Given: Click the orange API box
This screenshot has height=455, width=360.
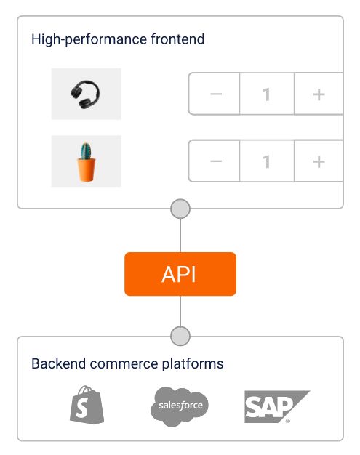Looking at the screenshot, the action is (180, 274).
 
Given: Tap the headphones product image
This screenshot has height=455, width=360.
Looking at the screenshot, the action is (86, 94).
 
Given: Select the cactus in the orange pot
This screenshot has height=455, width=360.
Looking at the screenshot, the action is (86, 161).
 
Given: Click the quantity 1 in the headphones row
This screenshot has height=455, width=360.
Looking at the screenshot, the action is (267, 94).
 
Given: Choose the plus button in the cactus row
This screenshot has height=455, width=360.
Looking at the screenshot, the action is (319, 161).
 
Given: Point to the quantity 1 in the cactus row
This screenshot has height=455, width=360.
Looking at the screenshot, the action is (267, 161).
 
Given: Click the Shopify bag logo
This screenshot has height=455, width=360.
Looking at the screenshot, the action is (87, 405).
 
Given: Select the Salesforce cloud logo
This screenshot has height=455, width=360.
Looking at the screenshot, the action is (180, 406).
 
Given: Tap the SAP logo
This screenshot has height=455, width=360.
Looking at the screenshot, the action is (276, 406).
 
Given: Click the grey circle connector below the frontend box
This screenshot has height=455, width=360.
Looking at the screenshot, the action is (180, 209).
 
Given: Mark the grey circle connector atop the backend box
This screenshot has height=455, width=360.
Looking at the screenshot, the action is (180, 336).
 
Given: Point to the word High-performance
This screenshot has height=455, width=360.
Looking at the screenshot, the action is (89, 40).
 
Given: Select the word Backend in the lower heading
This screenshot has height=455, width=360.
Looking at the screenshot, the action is (59, 363).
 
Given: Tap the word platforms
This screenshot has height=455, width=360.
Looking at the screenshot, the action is (193, 364).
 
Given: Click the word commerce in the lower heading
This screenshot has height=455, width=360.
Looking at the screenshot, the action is (124, 365).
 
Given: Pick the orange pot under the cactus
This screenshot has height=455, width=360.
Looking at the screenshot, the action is (87, 169).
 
